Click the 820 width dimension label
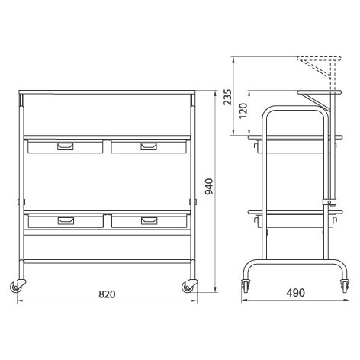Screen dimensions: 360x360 [x=107, y=294]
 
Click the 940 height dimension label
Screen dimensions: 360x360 [x=209, y=187]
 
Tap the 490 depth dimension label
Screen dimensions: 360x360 [x=295, y=293]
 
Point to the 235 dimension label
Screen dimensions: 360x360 [x=227, y=97]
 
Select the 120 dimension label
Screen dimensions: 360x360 [x=243, y=111]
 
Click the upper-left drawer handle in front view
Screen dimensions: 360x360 [x=66, y=146]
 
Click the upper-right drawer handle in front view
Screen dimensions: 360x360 [x=149, y=146]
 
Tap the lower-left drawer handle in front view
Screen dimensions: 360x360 [x=66, y=220]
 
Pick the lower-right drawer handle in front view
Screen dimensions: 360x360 [x=149, y=220]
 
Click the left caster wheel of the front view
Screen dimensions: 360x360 [x=16, y=286]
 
